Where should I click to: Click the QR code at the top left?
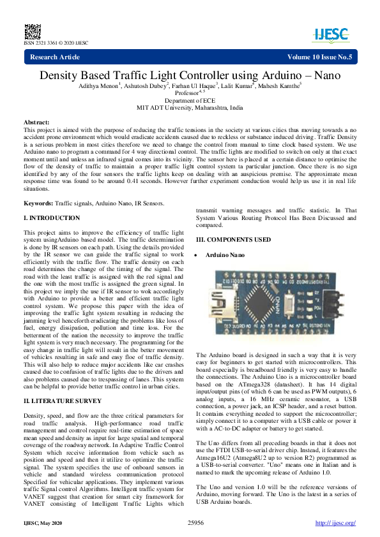click(x=31, y=31)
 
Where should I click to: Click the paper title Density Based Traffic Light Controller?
click(x=190, y=75)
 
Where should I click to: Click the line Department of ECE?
click(x=190, y=101)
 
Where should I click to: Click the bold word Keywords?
click(x=38, y=203)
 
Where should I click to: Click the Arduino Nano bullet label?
click(x=224, y=254)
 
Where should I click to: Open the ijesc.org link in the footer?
click(x=335, y=523)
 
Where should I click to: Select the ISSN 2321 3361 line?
click(x=56, y=43)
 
